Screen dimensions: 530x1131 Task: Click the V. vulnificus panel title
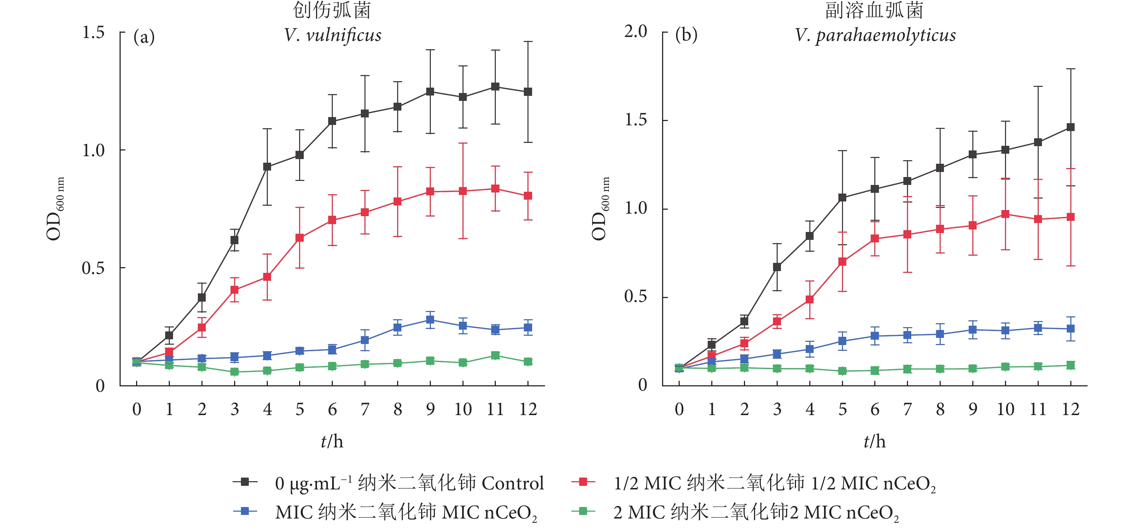[x=332, y=35]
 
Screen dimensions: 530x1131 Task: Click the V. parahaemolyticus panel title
[x=875, y=35]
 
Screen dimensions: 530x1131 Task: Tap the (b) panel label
[x=686, y=35]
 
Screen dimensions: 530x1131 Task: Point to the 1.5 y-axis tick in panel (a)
[x=93, y=32]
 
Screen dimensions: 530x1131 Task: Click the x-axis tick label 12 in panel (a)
[x=528, y=409]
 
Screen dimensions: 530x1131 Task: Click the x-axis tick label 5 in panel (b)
[x=842, y=409]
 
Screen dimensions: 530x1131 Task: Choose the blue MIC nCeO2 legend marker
[x=245, y=511]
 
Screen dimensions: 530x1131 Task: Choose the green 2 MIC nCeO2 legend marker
[x=583, y=511]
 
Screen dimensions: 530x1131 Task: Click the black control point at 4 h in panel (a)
[x=267, y=167]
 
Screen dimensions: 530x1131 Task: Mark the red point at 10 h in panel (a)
[x=463, y=191]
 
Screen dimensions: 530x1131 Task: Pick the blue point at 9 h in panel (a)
[x=430, y=320]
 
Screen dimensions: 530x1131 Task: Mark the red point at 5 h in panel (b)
[x=842, y=262]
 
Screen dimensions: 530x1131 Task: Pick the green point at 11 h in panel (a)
[x=495, y=355]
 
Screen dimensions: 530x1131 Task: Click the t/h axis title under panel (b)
[x=875, y=441]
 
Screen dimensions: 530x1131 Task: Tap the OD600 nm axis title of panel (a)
[x=55, y=209]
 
